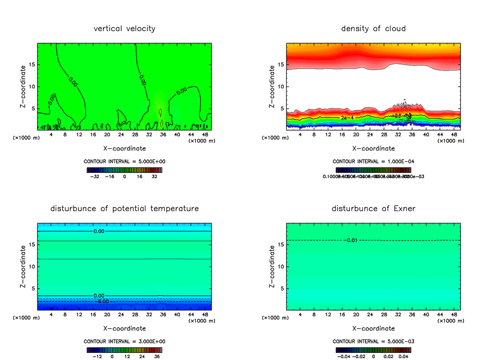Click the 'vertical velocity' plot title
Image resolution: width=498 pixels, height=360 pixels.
[x=124, y=29]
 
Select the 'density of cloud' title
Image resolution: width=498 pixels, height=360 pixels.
[x=373, y=29]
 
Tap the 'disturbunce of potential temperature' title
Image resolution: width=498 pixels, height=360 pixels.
[x=124, y=208]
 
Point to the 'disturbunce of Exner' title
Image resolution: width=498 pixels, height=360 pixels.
[x=373, y=208]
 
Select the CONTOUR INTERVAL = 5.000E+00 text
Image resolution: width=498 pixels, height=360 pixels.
[x=124, y=161]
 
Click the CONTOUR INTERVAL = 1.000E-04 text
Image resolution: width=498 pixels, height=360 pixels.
[x=373, y=161]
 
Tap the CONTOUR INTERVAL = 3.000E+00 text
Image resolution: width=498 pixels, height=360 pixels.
[x=124, y=341]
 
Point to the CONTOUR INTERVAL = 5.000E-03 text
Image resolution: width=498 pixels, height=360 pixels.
[x=373, y=341]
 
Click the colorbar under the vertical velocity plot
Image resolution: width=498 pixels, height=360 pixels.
[x=124, y=170]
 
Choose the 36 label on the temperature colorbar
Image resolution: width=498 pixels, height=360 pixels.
[x=157, y=356]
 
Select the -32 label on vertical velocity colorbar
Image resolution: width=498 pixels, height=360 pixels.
[x=95, y=176]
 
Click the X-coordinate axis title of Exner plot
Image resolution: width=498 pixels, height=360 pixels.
[x=373, y=328]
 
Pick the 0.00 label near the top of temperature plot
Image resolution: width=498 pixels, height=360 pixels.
[x=99, y=231]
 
